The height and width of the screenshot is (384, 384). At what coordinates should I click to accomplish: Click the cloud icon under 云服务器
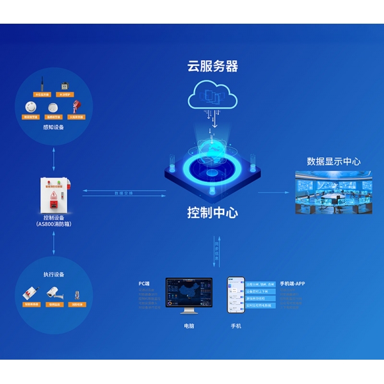point(212,95)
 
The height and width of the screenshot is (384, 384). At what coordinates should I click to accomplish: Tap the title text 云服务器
point(212,66)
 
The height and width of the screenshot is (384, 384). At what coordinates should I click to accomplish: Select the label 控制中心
point(212,212)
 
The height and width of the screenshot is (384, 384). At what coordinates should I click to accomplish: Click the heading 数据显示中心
point(333,161)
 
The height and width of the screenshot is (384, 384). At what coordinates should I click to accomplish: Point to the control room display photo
point(333,193)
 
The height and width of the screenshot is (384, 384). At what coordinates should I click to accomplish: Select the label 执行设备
point(54,275)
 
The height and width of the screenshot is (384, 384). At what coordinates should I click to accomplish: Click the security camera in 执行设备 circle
point(54,293)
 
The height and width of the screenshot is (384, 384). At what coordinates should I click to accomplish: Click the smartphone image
point(236,294)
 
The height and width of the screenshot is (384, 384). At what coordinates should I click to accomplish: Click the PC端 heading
point(144,282)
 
